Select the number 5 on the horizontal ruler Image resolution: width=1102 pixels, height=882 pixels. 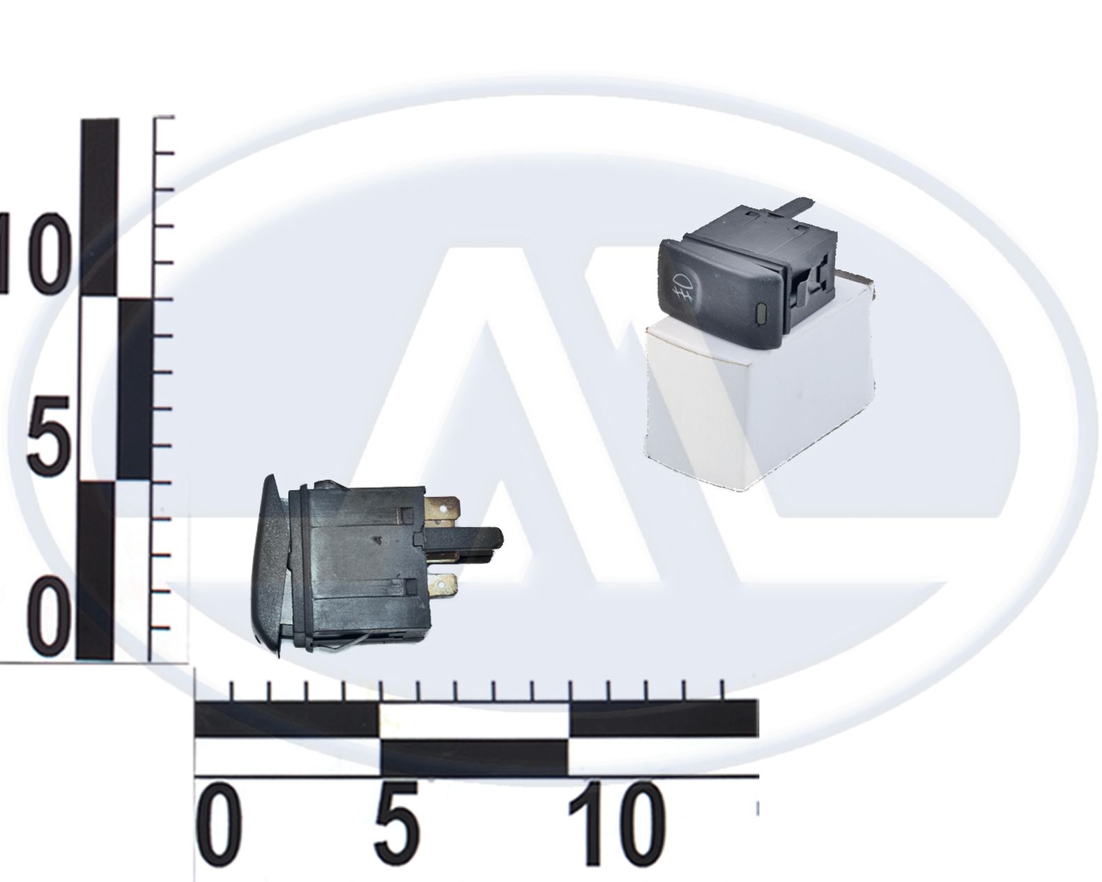click(x=398, y=824)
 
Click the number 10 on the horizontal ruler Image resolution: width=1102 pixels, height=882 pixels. click(x=617, y=824)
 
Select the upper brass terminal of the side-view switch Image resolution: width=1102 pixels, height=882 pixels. click(x=444, y=508)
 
